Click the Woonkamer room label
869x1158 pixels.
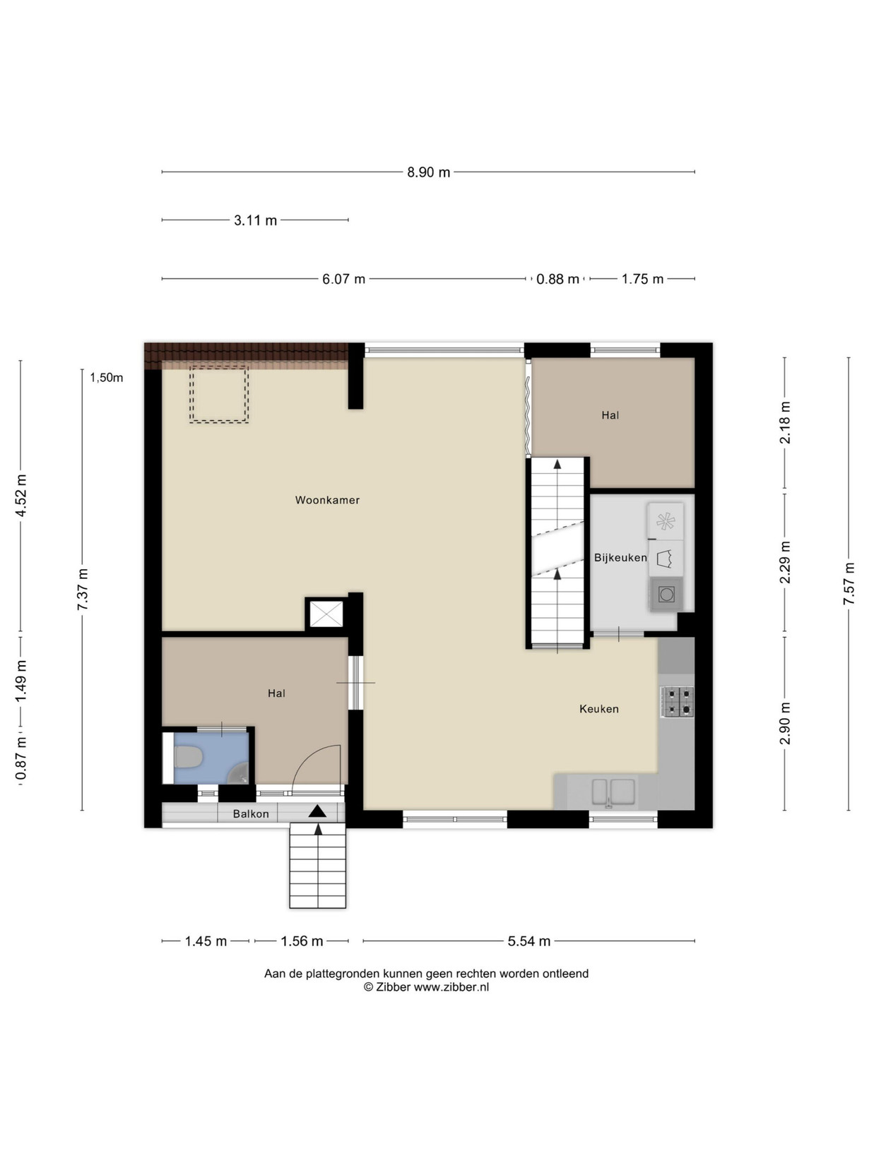[327, 500]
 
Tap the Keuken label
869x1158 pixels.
[599, 709]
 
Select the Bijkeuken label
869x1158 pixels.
[620, 558]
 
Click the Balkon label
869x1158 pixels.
[251, 814]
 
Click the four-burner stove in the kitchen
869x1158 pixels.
[678, 702]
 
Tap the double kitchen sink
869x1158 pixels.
[613, 792]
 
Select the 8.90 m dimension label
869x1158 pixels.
[428, 172]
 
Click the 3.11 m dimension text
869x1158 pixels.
[255, 220]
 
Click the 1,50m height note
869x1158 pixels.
[107, 378]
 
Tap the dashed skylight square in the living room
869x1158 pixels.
[220, 395]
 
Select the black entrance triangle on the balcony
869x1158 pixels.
[318, 811]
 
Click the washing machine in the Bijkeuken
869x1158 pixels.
[666, 595]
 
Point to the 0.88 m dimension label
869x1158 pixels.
[557, 279]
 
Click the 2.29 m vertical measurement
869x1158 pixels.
[785, 562]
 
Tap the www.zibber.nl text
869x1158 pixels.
[451, 987]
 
